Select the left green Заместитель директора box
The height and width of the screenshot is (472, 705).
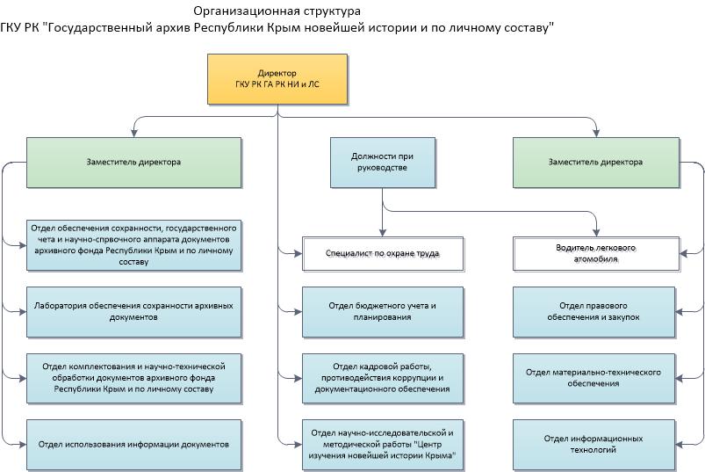pyautogui.click(x=133, y=162)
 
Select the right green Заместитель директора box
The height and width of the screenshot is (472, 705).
pyautogui.click(x=595, y=162)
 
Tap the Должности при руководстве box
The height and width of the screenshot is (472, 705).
pyautogui.click(x=382, y=162)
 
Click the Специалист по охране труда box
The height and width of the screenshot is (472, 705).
pyautogui.click(x=382, y=253)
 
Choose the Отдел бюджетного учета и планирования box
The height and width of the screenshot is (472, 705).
pyautogui.click(x=382, y=311)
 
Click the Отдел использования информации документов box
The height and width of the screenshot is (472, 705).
pyautogui.click(x=133, y=444)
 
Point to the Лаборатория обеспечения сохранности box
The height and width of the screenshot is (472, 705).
pyautogui.click(x=133, y=311)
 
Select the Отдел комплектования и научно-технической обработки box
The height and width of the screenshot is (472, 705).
pyautogui.click(x=133, y=378)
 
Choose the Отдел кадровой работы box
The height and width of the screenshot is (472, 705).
pyautogui.click(x=382, y=378)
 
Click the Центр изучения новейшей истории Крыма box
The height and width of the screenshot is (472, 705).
pyautogui.click(x=382, y=446)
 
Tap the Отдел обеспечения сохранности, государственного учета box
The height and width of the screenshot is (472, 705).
pyautogui.click(x=133, y=244)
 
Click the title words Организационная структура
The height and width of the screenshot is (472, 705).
pyautogui.click(x=277, y=11)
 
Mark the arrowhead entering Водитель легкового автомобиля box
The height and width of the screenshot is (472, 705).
pyautogui.click(x=597, y=231)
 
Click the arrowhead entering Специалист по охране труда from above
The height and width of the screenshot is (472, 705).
pyautogui.click(x=382, y=231)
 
